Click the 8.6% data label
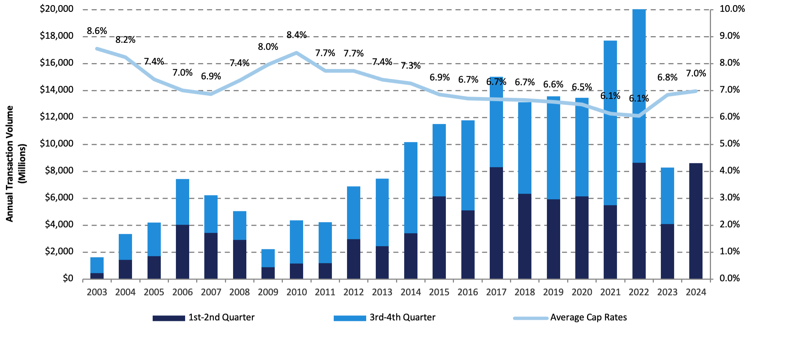pyautogui.click(x=97, y=31)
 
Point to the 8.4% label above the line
pyautogui.click(x=296, y=35)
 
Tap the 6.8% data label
pyautogui.click(x=667, y=77)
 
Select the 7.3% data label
pyautogui.click(x=410, y=66)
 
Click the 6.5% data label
pyautogui.click(x=582, y=87)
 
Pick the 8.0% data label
pyautogui.click(x=268, y=47)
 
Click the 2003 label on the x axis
pyautogui.click(x=97, y=292)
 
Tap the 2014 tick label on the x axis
pyautogui.click(x=410, y=292)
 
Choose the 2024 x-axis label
pyautogui.click(x=695, y=292)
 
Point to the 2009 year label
pyautogui.click(x=268, y=292)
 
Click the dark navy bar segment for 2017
pyautogui.click(x=496, y=223)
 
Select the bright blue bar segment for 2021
pyautogui.click(x=610, y=123)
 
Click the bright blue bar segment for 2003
pyautogui.click(x=97, y=265)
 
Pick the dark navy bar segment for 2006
pyautogui.click(x=182, y=252)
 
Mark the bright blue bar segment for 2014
pyautogui.click(x=410, y=187)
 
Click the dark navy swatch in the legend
pyautogui.click(x=169, y=318)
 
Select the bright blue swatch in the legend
pyautogui.click(x=350, y=318)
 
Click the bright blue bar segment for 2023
pyautogui.click(x=667, y=195)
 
